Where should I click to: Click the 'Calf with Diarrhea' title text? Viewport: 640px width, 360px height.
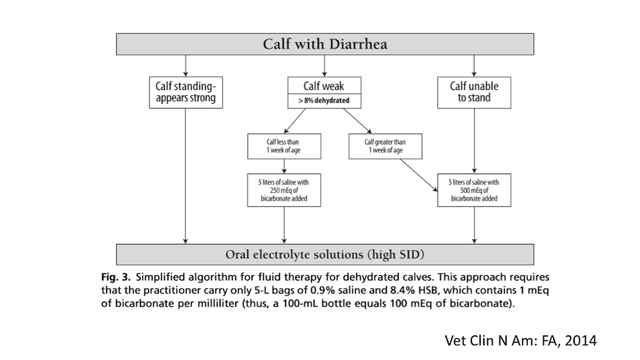click(325, 45)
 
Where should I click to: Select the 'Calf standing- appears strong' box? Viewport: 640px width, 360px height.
click(185, 92)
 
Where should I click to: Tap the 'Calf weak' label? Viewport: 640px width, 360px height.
click(323, 87)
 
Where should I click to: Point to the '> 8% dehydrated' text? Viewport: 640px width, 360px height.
click(324, 101)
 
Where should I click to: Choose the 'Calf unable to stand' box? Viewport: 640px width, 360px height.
click(473, 92)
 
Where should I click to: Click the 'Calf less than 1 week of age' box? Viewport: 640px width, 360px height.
click(284, 147)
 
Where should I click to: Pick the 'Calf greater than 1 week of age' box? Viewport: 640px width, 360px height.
click(385, 147)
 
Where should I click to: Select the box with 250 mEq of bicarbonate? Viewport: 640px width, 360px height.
click(284, 190)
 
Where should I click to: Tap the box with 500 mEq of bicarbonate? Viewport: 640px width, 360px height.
click(473, 190)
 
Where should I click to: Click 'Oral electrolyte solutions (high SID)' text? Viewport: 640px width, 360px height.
click(325, 255)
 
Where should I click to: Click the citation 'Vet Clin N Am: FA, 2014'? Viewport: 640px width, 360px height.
click(520, 341)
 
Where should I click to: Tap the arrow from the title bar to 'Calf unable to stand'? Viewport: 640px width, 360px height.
click(473, 66)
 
